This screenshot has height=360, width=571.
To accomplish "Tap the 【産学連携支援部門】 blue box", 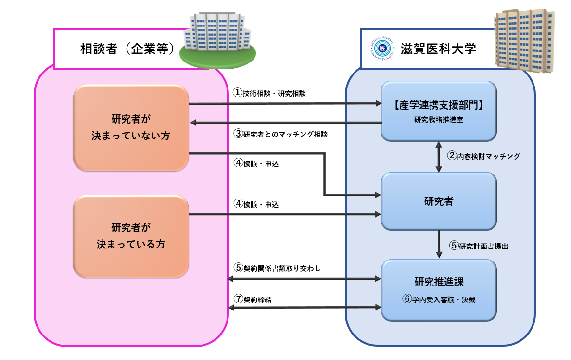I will pyautogui.click(x=438, y=111).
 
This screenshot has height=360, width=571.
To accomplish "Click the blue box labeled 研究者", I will pyautogui.click(x=438, y=201).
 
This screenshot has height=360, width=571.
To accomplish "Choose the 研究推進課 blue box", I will pyautogui.click(x=438, y=289).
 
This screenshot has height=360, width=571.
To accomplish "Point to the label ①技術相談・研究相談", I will pyautogui.click(x=269, y=93).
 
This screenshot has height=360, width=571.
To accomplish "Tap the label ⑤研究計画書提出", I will pyautogui.click(x=479, y=246).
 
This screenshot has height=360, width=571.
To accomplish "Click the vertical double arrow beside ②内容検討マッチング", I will pyautogui.click(x=438, y=157).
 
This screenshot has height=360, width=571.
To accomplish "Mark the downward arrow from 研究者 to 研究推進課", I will pyautogui.click(x=438, y=244).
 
